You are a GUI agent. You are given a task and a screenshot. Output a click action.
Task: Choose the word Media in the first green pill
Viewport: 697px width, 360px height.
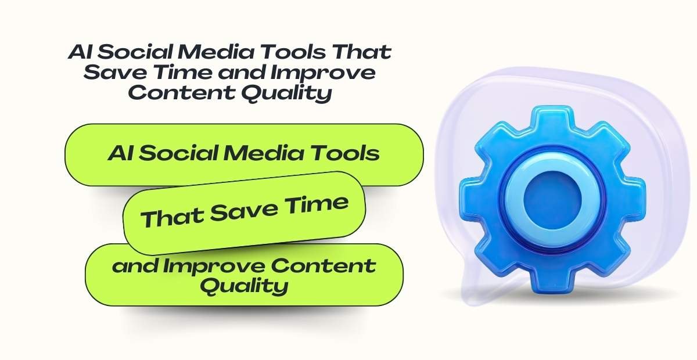click(x=267, y=154)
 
